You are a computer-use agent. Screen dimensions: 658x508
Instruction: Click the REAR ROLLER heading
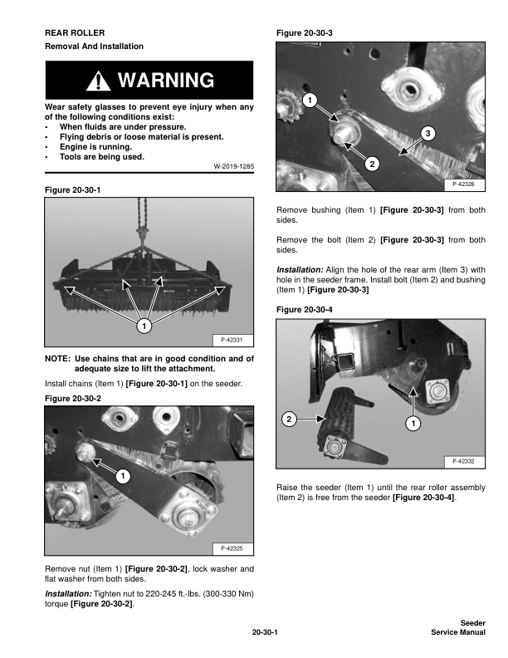pyautogui.click(x=75, y=32)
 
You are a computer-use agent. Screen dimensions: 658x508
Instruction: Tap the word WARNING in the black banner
pyautogui.click(x=166, y=81)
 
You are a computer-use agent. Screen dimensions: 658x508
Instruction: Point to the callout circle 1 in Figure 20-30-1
pyautogui.click(x=144, y=327)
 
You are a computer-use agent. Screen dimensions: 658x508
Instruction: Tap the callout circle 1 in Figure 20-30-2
pyautogui.click(x=121, y=476)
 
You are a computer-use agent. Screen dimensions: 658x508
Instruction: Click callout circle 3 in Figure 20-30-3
pyautogui.click(x=427, y=133)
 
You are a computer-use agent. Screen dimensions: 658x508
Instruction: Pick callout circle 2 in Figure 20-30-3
pyautogui.click(x=373, y=164)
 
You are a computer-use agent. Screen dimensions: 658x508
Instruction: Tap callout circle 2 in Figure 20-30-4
pyautogui.click(x=288, y=420)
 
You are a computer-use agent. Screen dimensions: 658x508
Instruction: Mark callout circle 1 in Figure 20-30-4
pyautogui.click(x=413, y=425)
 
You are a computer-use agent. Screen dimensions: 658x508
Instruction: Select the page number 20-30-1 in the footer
pyautogui.click(x=264, y=632)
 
